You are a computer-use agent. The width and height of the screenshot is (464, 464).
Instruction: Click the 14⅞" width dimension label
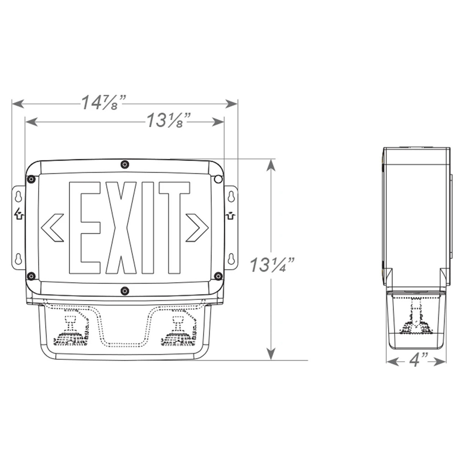coord(104,103)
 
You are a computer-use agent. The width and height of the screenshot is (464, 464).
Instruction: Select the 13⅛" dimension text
coord(169,120)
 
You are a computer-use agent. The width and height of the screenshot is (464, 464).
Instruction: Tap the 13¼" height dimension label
coord(272,265)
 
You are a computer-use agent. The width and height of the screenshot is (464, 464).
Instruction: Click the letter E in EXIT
coord(84,228)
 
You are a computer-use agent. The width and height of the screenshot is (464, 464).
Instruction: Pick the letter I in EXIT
coord(148,228)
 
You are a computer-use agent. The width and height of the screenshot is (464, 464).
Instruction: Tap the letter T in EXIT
coord(174,228)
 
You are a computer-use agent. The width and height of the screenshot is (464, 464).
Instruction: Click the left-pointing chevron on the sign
coord(52,228)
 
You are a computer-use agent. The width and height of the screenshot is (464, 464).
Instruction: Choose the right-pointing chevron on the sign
coord(197,228)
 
